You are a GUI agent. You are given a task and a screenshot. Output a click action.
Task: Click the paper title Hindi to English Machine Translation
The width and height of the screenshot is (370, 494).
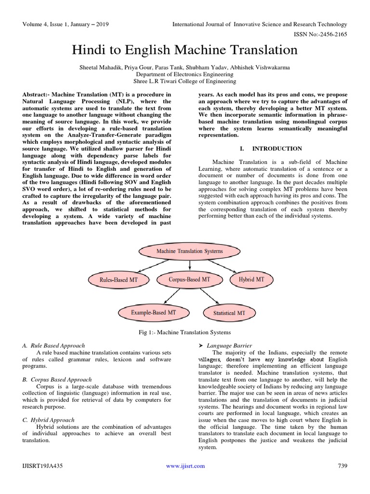tap(185, 50)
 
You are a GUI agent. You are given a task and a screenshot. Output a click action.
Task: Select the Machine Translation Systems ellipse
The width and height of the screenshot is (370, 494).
tap(189, 251)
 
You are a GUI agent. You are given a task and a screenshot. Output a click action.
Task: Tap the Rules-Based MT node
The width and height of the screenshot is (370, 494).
tap(119, 279)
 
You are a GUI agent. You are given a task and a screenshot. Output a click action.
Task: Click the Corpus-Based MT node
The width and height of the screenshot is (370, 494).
tap(189, 279)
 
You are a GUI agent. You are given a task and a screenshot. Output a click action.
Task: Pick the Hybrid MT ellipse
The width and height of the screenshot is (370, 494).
tap(251, 279)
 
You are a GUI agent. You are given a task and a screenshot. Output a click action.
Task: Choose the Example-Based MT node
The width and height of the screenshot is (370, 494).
tap(154, 313)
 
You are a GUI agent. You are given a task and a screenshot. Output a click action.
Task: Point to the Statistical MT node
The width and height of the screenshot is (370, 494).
tap(229, 313)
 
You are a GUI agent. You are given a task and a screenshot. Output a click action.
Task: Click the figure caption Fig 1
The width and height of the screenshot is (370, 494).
tap(185, 332)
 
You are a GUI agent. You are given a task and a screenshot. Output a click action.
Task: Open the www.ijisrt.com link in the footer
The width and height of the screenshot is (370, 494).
tap(185, 466)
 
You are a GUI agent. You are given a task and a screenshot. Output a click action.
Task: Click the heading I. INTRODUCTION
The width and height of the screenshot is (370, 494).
tap(272, 149)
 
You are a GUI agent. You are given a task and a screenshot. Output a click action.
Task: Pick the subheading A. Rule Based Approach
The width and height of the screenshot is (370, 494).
tap(53, 345)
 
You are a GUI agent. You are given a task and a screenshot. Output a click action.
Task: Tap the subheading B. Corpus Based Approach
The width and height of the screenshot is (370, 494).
tap(57, 380)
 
